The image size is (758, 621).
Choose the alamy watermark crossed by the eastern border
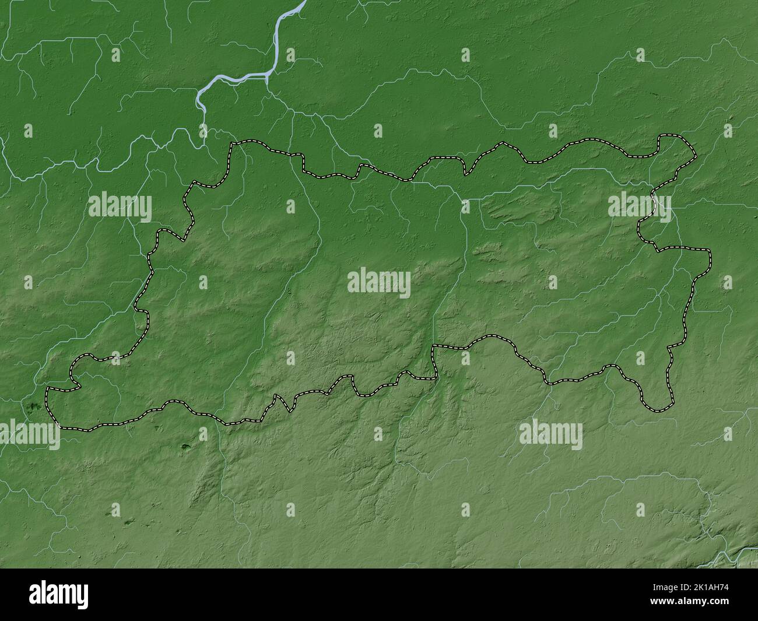(640, 207)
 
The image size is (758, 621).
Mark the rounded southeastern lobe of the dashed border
(659, 402)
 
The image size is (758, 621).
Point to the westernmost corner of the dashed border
(48, 388)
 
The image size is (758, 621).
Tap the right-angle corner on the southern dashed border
(433, 348)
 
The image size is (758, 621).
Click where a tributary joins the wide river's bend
(268, 76)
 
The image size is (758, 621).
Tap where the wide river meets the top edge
(303, 3)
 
